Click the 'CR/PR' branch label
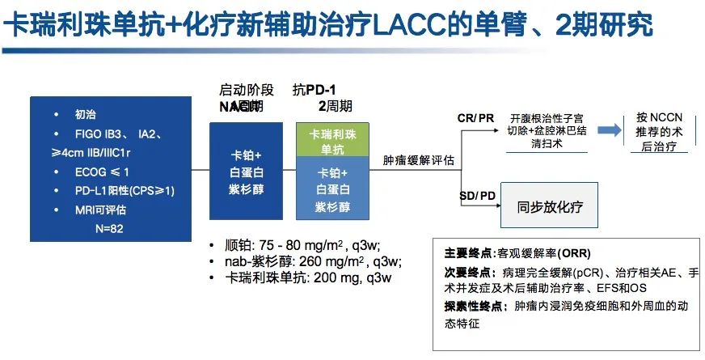[475, 118]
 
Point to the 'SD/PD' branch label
[476, 196]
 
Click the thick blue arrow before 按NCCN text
[615, 129]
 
